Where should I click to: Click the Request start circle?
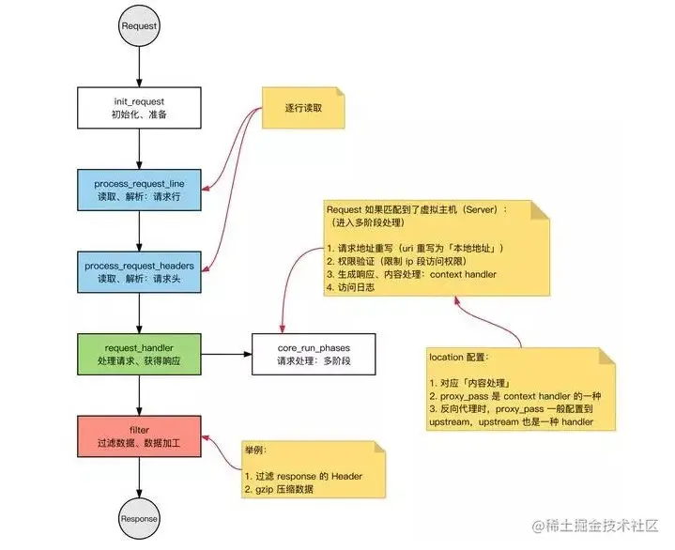coord(139,26)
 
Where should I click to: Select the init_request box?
coord(139,107)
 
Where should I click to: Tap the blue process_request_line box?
coord(139,191)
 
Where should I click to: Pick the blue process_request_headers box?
coord(139,272)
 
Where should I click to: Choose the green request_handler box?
coord(139,354)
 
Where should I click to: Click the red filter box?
coord(139,436)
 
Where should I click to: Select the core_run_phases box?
coord(314,354)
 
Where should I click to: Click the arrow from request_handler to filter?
coord(139,395)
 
